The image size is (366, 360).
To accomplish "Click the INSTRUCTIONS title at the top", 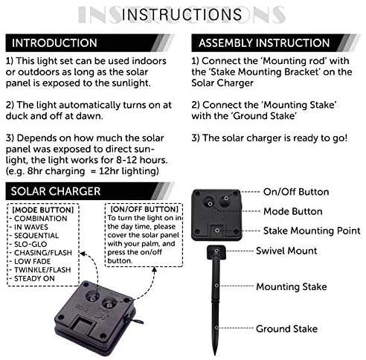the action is pyautogui.click(x=182, y=14).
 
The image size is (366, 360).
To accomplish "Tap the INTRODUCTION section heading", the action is pyautogui.click(x=54, y=43).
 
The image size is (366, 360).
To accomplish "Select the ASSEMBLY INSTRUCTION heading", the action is pyautogui.click(x=264, y=43).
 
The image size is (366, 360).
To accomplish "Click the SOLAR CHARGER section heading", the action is pyautogui.click(x=56, y=191).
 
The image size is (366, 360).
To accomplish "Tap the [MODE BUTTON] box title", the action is pyautogui.click(x=43, y=210).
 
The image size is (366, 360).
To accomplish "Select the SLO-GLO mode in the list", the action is pyautogui.click(x=30, y=244).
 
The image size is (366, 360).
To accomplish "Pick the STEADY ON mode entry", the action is pyautogui.click(x=34, y=278).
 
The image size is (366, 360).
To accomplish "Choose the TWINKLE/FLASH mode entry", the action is pyautogui.click(x=42, y=270).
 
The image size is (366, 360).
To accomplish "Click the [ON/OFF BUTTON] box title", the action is pyautogui.click(x=144, y=209).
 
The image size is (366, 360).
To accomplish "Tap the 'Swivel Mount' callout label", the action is pyautogui.click(x=286, y=251).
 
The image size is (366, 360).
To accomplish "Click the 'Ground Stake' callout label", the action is pyautogui.click(x=286, y=329).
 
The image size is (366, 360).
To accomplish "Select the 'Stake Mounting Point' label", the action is pyautogui.click(x=312, y=231).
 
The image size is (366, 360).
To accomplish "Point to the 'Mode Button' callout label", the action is pyautogui.click(x=293, y=211).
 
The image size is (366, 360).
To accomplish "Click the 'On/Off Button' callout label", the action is pyautogui.click(x=296, y=192).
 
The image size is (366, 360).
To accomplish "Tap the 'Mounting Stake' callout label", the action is pyautogui.click(x=292, y=286).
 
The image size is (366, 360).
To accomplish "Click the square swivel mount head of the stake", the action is pyautogui.click(x=216, y=252).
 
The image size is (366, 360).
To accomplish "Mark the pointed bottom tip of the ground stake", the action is pyautogui.click(x=215, y=354).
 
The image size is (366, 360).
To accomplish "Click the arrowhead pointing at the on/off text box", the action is pyautogui.click(x=154, y=270).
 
